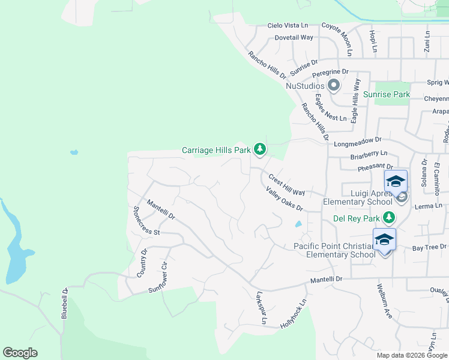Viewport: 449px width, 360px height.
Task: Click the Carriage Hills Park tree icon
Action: [259, 149]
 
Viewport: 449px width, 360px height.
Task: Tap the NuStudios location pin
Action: [332, 86]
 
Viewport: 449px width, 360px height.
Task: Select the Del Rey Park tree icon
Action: [390, 217]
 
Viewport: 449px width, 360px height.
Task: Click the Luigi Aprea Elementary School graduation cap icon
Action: [396, 181]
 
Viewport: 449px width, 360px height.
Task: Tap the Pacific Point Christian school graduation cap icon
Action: [384, 239]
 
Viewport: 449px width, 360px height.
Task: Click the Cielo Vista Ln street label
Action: [287, 26]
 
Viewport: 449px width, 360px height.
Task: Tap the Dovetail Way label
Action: [294, 37]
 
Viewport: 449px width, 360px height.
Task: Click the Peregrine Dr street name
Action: [330, 71]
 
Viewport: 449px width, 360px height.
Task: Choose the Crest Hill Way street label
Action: [286, 185]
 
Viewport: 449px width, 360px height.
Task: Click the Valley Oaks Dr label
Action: [284, 198]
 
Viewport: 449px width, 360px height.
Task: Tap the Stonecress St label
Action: [145, 221]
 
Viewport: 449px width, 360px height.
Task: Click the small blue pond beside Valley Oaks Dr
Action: [298, 225]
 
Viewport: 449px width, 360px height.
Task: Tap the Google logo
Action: [20, 353]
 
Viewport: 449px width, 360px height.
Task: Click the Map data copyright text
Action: [412, 355]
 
